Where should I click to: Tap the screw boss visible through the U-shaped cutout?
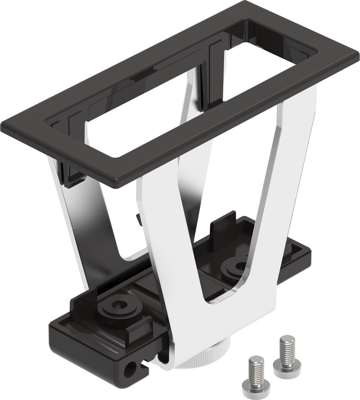(x=237, y=267)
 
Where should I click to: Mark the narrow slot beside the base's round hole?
(x=142, y=364)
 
